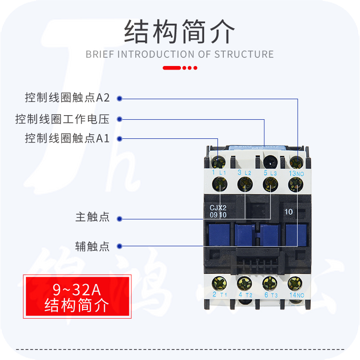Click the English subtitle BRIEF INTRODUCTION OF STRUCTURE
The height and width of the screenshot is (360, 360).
click(x=180, y=54)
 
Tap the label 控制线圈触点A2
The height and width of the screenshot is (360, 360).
click(x=67, y=98)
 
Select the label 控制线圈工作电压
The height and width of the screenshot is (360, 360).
click(x=62, y=119)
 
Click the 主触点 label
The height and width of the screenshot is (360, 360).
click(x=93, y=217)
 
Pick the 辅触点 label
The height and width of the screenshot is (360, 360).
click(x=93, y=246)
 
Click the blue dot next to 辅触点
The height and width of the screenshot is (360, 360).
click(x=119, y=246)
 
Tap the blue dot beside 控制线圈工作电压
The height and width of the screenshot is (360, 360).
click(x=119, y=119)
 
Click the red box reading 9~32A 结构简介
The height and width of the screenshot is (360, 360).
click(x=77, y=296)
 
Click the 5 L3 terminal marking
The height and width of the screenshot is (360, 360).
click(x=270, y=173)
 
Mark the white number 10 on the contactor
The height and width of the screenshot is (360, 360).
click(x=288, y=211)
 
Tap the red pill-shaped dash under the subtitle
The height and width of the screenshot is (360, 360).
click(x=172, y=68)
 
